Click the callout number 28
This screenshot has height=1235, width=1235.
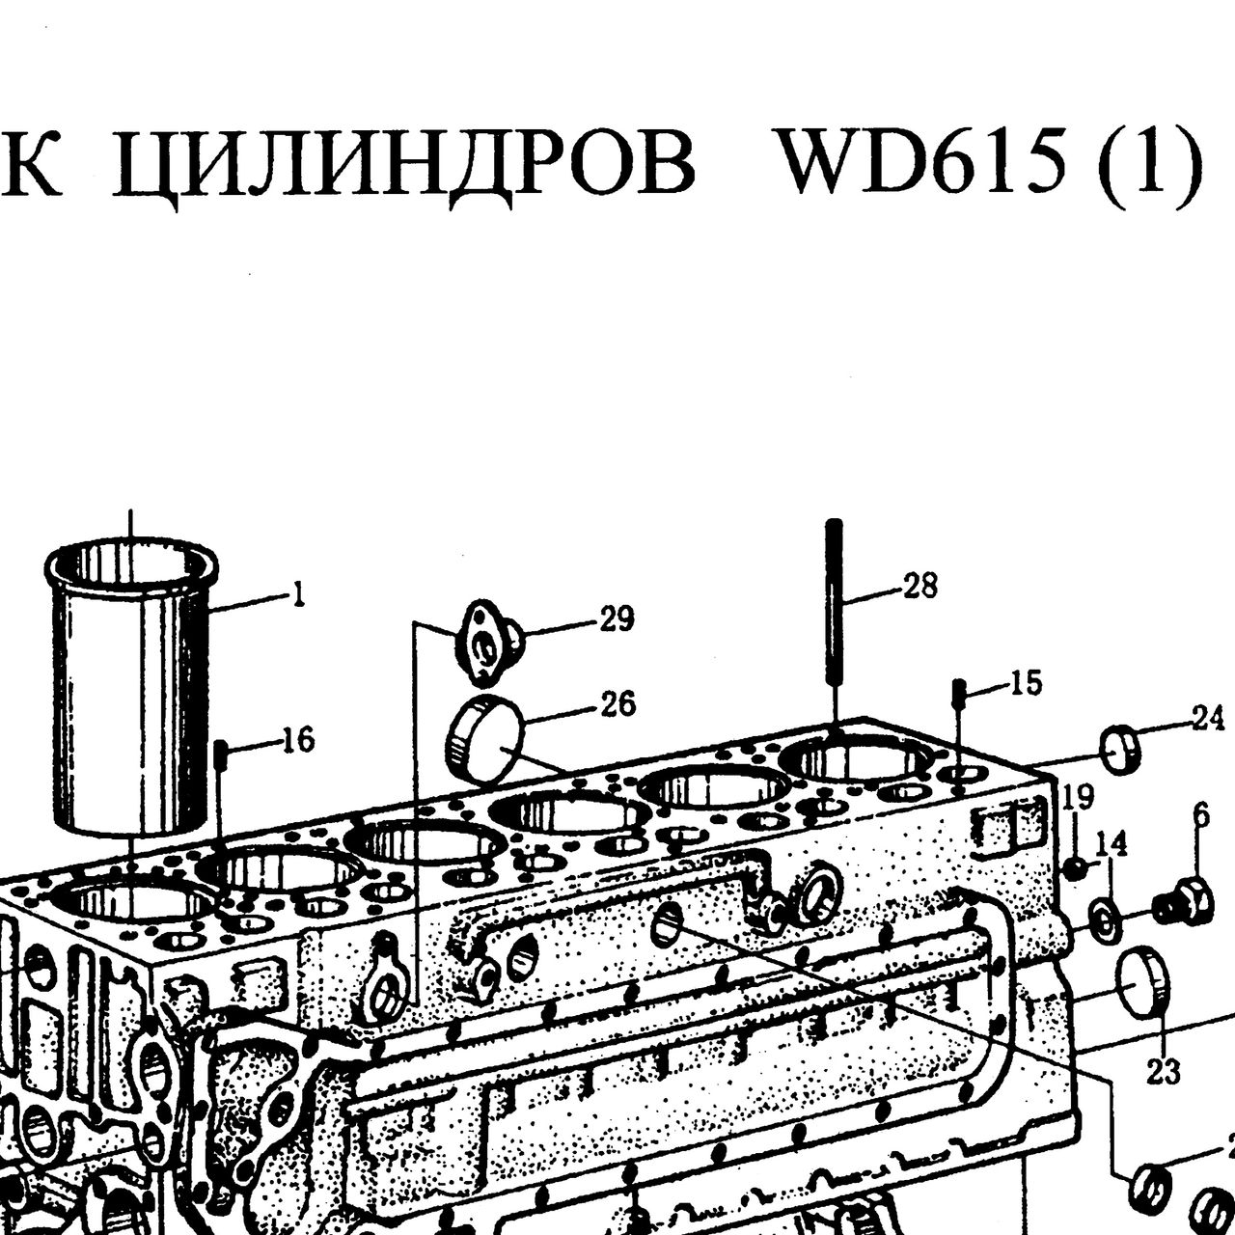[920, 586]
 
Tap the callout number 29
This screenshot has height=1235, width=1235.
[617, 618]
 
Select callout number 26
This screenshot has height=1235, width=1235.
[617, 703]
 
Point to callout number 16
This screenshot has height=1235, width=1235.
[299, 740]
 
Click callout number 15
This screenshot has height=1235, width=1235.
[1026, 683]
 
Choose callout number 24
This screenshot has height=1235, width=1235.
[1208, 718]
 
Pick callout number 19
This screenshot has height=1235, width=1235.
[1078, 798]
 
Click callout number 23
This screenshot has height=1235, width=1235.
[1164, 1070]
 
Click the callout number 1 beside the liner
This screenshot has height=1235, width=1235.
[297, 596]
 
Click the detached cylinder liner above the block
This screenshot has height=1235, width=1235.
[131, 686]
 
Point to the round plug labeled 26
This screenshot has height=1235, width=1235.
[485, 739]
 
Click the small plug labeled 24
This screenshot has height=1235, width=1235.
[1121, 750]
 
